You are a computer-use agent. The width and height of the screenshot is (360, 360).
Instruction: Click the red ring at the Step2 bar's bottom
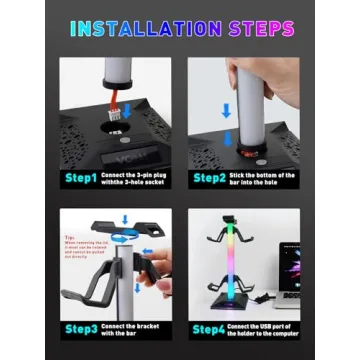(240, 150)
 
